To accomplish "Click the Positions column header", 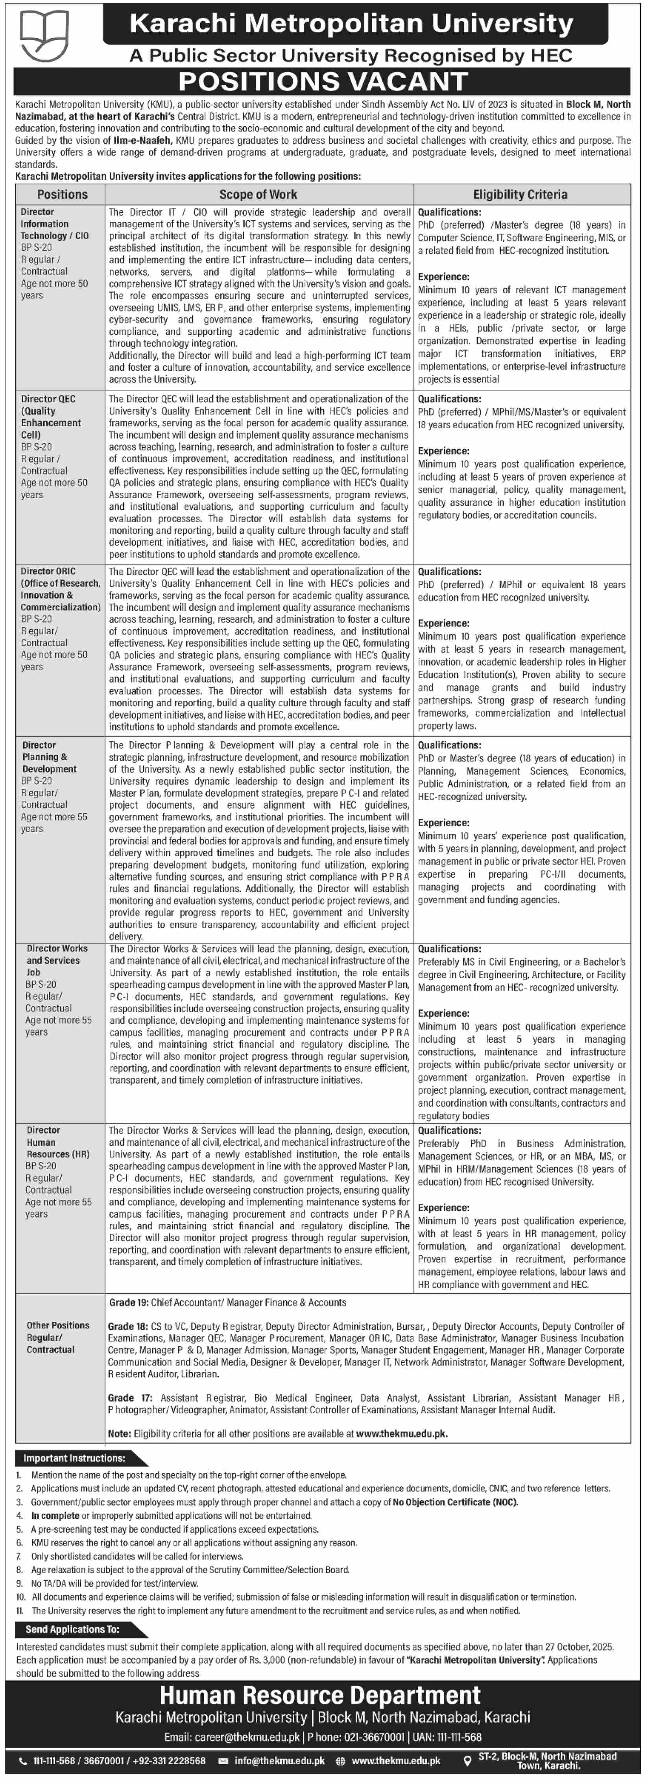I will point(62,195).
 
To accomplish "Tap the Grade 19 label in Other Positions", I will point(129,1303).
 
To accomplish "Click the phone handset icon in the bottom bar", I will point(24,1762).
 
